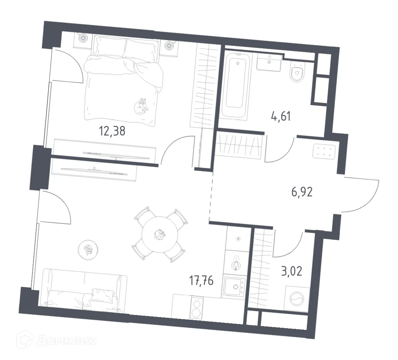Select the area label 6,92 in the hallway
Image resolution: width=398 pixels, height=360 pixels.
pyautogui.click(x=302, y=191)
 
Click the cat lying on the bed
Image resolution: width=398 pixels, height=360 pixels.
pyautogui.click(x=142, y=106)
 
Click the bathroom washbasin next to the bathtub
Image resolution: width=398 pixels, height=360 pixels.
pyautogui.click(x=269, y=63)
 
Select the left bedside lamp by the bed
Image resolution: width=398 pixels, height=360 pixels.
pyautogui.click(x=83, y=38)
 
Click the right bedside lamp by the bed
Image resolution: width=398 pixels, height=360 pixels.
pyautogui.click(x=169, y=46)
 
